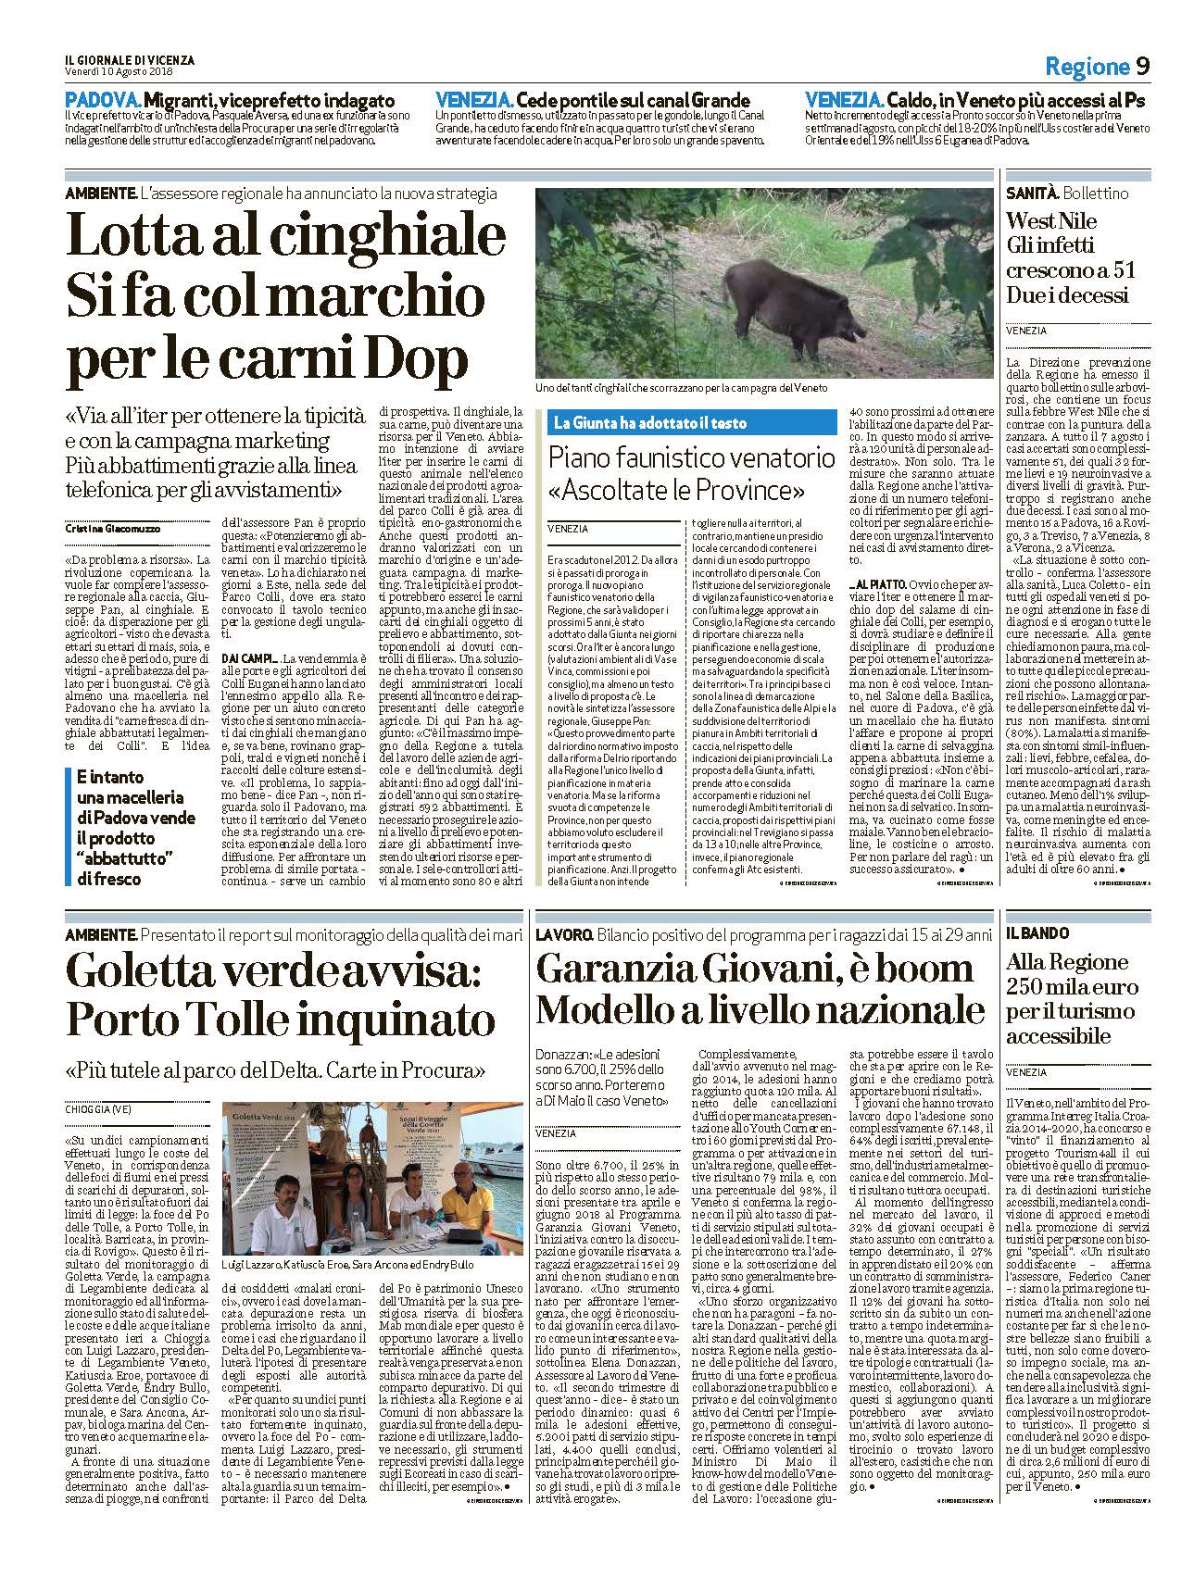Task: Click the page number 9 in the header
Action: [1142, 66]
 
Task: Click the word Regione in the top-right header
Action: [1087, 67]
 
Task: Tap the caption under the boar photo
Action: [681, 388]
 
